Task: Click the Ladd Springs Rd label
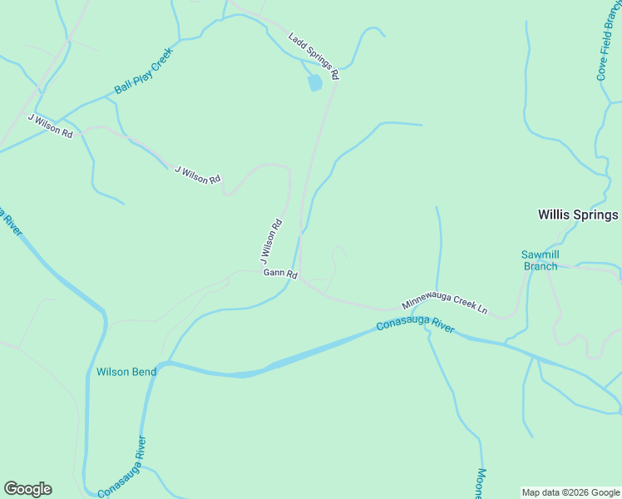pos(314,57)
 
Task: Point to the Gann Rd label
pos(280,274)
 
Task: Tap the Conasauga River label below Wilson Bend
pos(122,468)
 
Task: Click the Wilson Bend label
pos(126,372)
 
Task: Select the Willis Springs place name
pos(578,215)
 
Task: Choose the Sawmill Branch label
pos(540,260)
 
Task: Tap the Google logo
pos(27,489)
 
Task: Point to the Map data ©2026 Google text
pos(570,492)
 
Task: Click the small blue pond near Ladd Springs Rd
pos(314,83)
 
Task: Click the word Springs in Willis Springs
pos(595,215)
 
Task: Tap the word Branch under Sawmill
pos(540,266)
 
